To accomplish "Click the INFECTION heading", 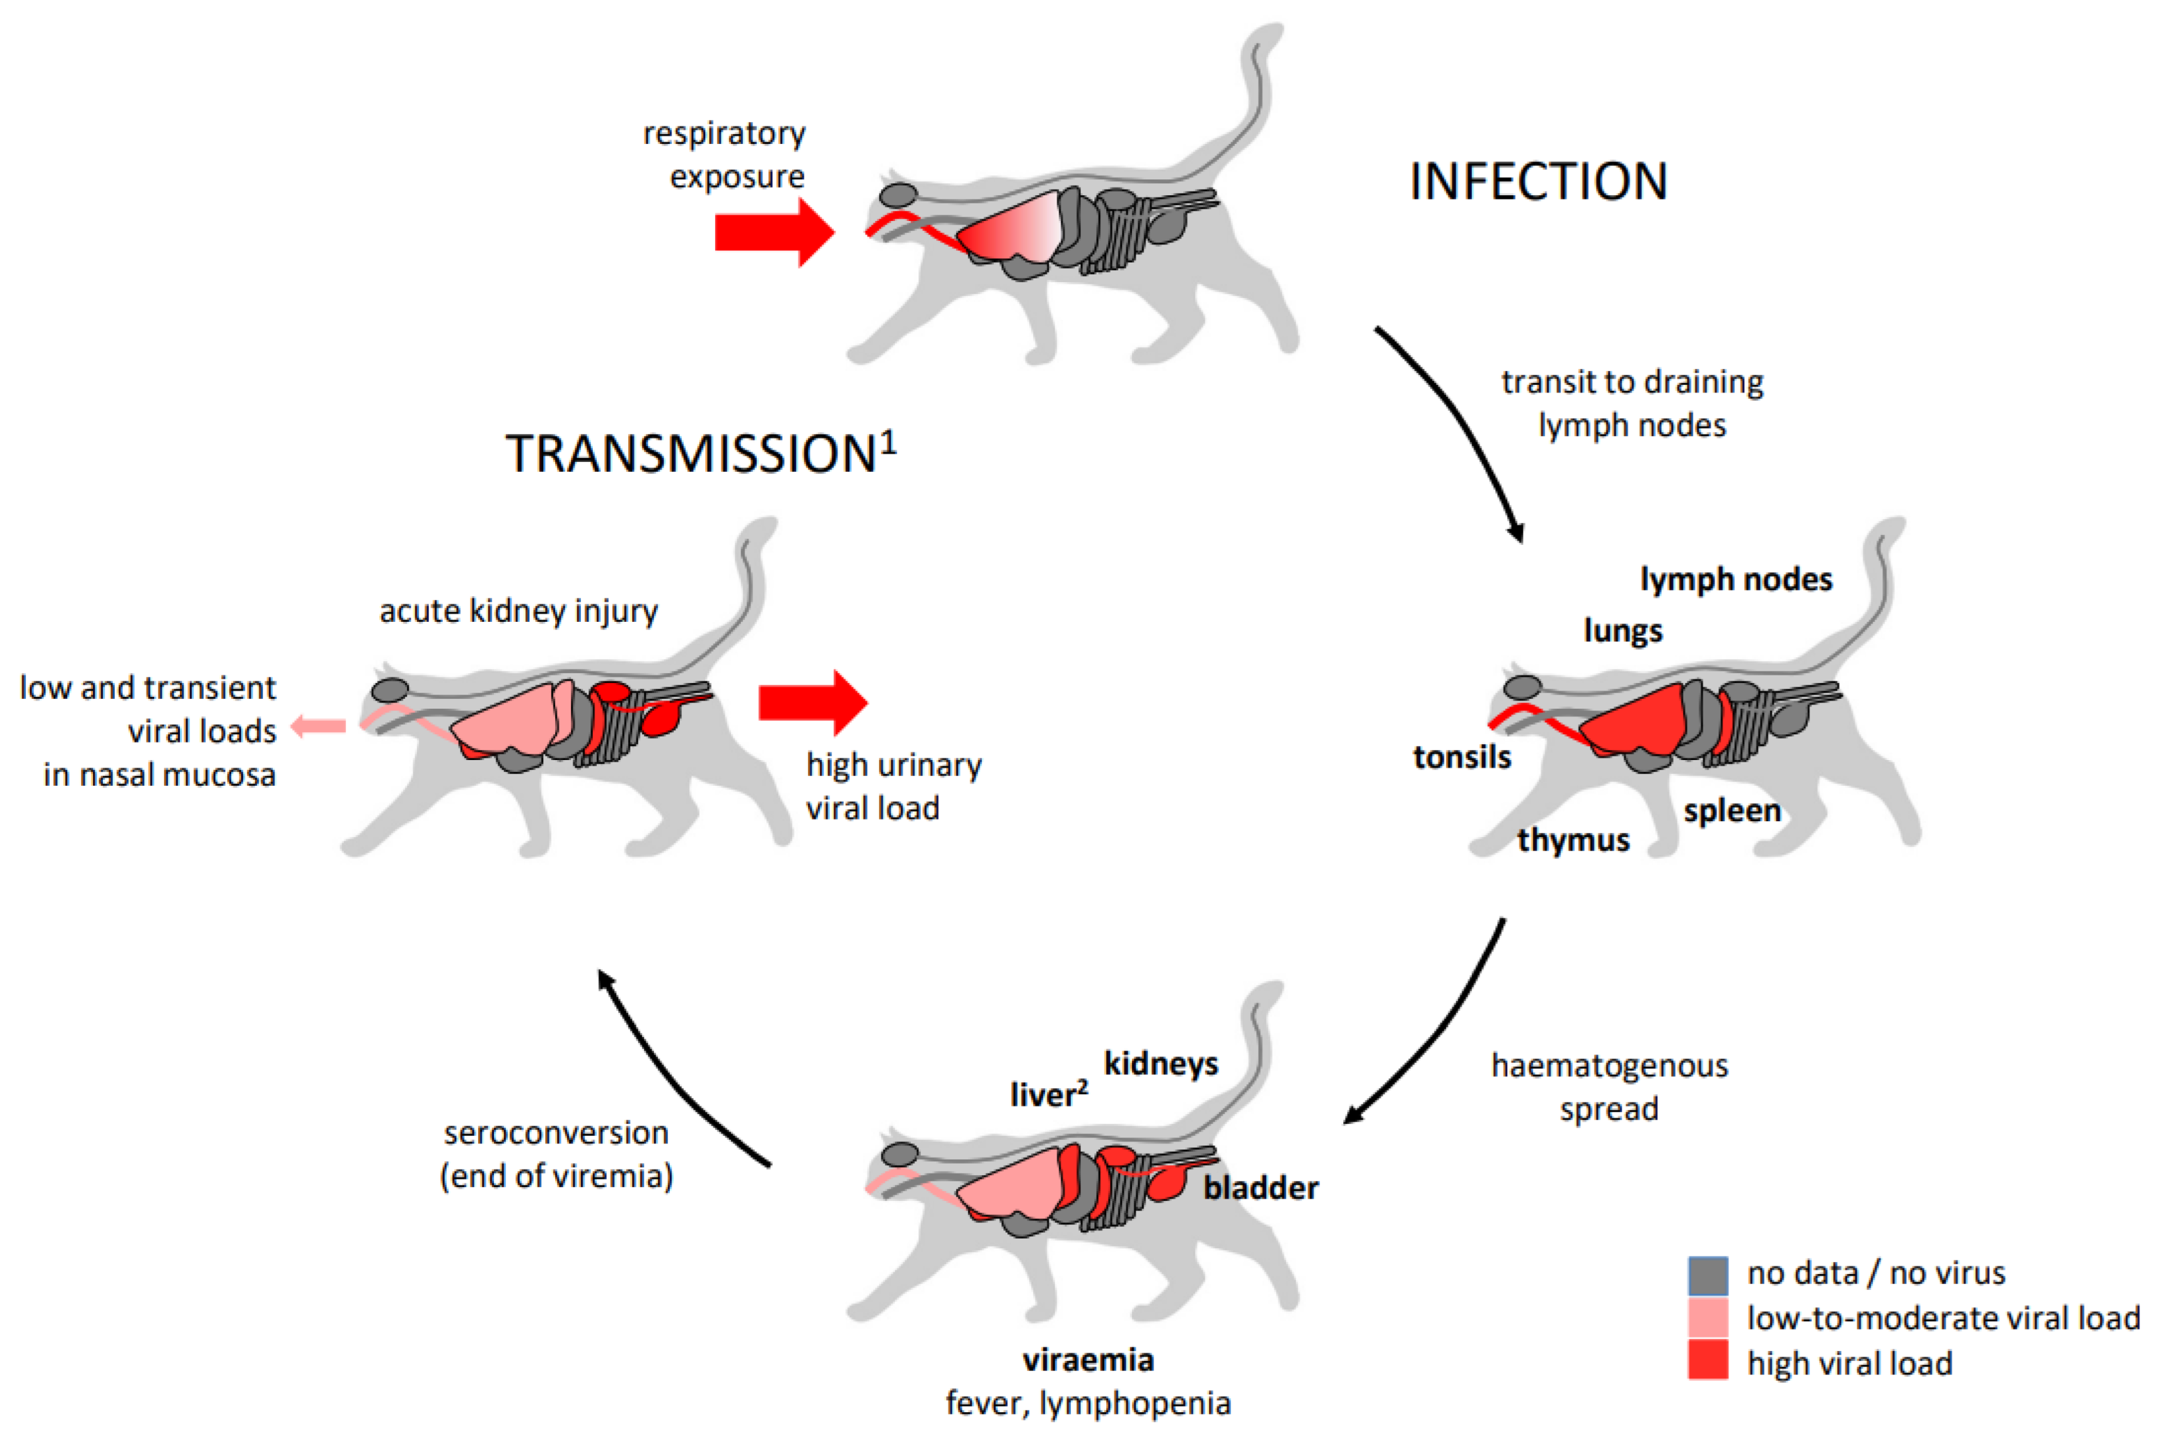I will [x=1538, y=181].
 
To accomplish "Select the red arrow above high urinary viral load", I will [x=812, y=702].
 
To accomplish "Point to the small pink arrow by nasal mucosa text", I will [x=319, y=727].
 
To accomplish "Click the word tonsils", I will [x=1461, y=757].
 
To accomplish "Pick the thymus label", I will [x=1573, y=839].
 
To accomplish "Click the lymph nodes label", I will [x=1736, y=580].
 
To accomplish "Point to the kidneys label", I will [x=1160, y=1064].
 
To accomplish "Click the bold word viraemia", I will [x=1088, y=1359].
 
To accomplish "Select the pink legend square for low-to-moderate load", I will [x=1707, y=1318].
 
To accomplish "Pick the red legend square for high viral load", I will [x=1707, y=1360].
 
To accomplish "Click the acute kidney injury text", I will [x=518, y=611].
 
